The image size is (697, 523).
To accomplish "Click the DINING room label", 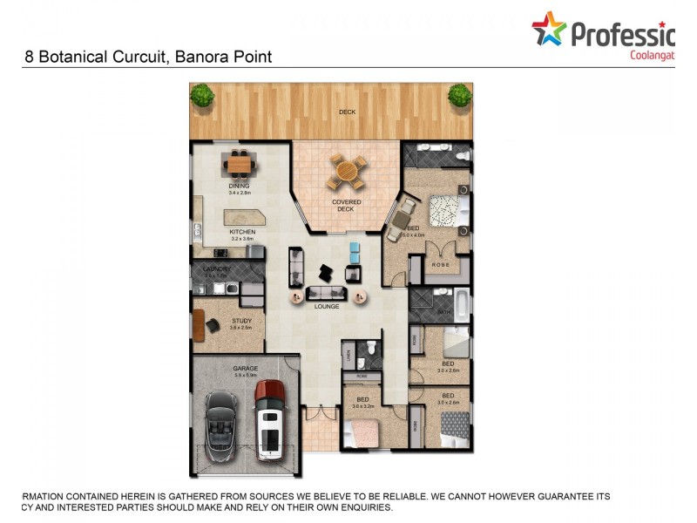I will [239, 186].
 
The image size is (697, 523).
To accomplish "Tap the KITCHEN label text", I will [242, 232].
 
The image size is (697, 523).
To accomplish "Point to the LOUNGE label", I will [327, 307].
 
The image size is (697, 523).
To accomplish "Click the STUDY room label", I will [241, 322].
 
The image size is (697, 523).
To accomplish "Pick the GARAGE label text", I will [245, 369].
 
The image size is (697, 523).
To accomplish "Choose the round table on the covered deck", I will [346, 172].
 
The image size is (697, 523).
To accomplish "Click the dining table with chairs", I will [240, 163].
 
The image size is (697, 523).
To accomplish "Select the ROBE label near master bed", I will [440, 263].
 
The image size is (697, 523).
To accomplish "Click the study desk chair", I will [213, 326].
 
